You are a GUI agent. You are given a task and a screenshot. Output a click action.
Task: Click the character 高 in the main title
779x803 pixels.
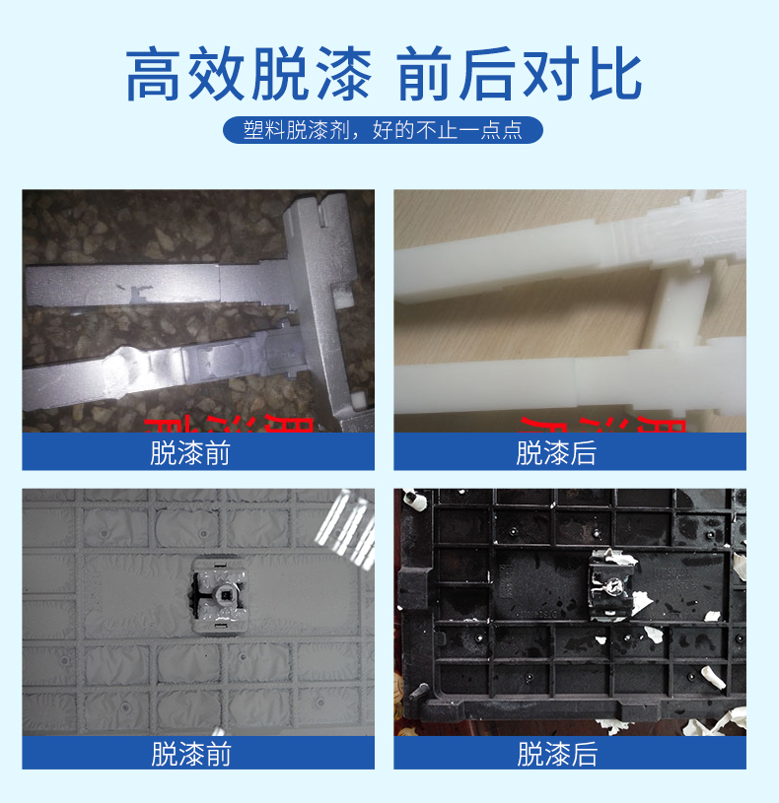coord(158,73)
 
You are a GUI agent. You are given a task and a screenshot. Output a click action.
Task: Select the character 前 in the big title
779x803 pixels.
coord(430,73)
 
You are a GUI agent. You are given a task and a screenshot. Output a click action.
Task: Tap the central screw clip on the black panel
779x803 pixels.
coord(610,585)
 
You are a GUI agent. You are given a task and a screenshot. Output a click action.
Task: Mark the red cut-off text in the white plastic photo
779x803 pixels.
coord(602,425)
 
